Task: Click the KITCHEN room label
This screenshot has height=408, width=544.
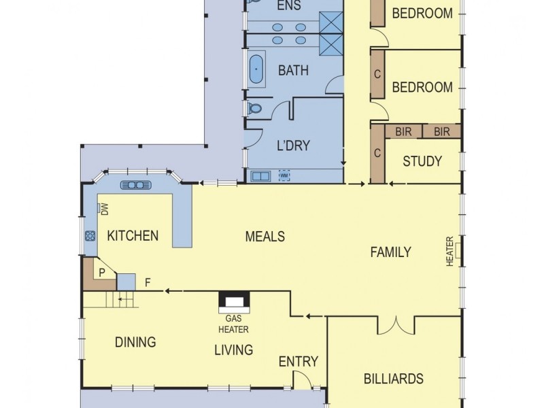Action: pos(133,236)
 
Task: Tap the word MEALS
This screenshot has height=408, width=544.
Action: pos(265,237)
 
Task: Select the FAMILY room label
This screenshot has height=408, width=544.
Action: pos(390,252)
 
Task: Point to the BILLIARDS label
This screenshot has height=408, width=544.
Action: pos(394,379)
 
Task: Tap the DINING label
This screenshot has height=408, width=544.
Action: pos(135,342)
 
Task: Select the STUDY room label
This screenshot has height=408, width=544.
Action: pos(422,162)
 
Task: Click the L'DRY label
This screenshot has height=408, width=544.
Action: pos(294,145)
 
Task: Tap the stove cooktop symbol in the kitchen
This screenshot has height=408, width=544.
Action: pos(90,236)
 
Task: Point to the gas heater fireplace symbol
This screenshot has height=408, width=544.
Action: pos(234,301)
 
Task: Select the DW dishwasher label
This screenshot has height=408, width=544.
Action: pos(105,210)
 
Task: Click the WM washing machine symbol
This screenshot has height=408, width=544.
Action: pos(284,176)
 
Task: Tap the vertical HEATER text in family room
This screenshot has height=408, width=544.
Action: pos(449,252)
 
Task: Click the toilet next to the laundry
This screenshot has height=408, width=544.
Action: pos(254,109)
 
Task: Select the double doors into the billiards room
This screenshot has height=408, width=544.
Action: pos(395,326)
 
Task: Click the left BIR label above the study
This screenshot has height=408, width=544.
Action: pos(403,131)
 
